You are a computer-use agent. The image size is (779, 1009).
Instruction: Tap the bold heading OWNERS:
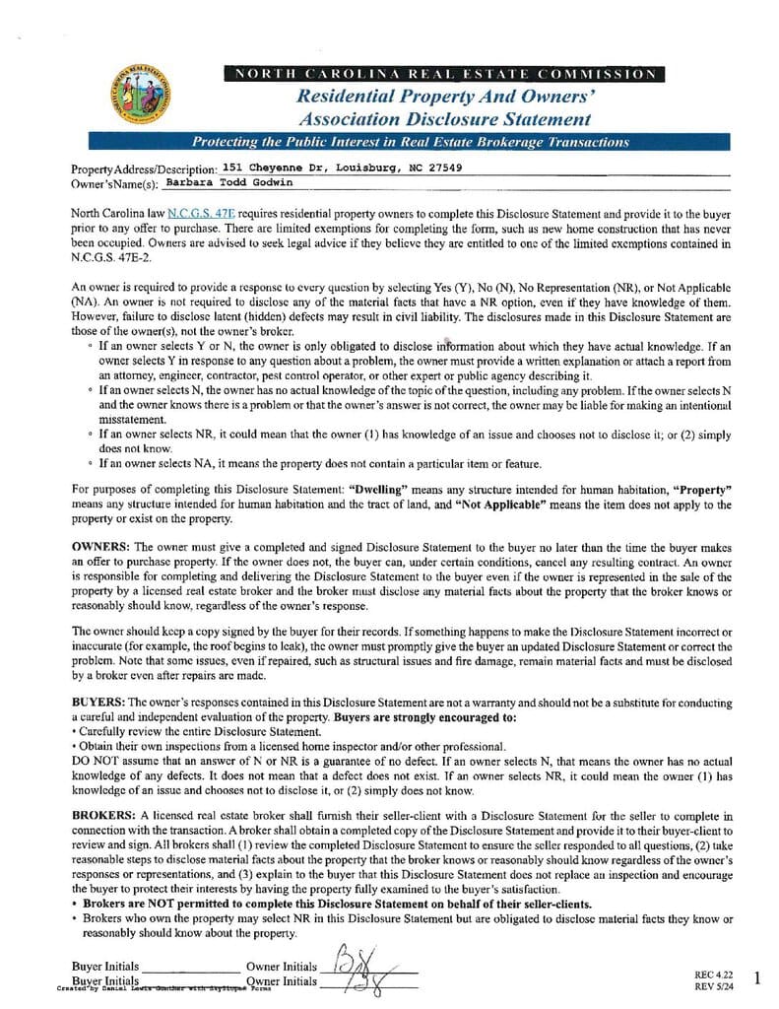[x=100, y=546]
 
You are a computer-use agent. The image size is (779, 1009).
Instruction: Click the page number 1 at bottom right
[x=756, y=977]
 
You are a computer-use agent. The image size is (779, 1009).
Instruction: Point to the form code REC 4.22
[x=710, y=975]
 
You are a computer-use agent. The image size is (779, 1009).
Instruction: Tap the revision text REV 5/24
[x=710, y=985]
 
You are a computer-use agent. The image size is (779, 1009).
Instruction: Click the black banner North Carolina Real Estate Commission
[x=444, y=74]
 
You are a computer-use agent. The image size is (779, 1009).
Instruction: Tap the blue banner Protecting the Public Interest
[x=410, y=142]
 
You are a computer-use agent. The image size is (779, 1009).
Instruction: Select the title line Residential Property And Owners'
[x=445, y=97]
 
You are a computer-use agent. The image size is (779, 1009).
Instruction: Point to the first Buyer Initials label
[x=104, y=967]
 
